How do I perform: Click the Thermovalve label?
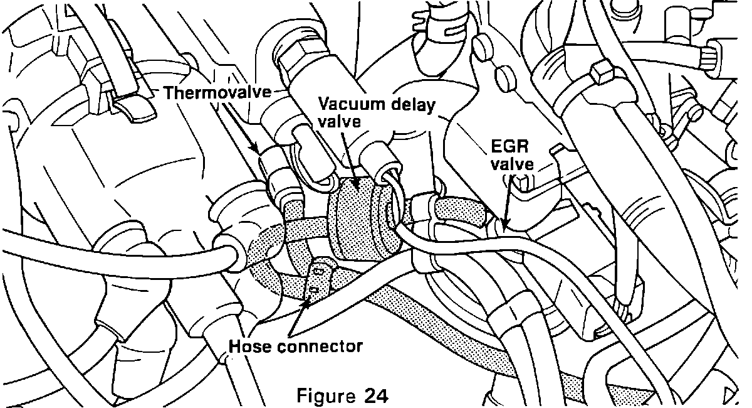pyautogui.click(x=217, y=94)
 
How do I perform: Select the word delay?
pyautogui.click(x=414, y=105)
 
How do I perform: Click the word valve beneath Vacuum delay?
pyautogui.click(x=340, y=122)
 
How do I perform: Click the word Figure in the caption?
pyautogui.click(x=326, y=396)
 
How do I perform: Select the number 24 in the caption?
pyautogui.click(x=375, y=396)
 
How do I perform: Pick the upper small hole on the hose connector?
pyautogui.click(x=320, y=271)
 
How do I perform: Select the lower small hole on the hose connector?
pyautogui.click(x=311, y=290)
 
